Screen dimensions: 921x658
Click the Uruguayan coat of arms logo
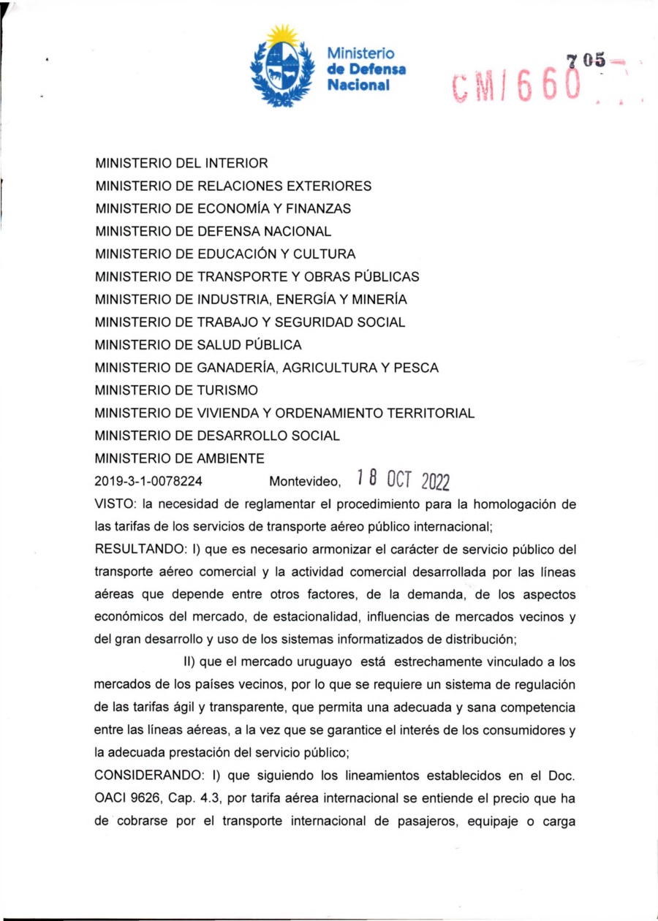coord(282,66)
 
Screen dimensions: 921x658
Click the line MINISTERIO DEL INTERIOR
coord(182,163)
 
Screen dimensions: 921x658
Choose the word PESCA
coord(415,368)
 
